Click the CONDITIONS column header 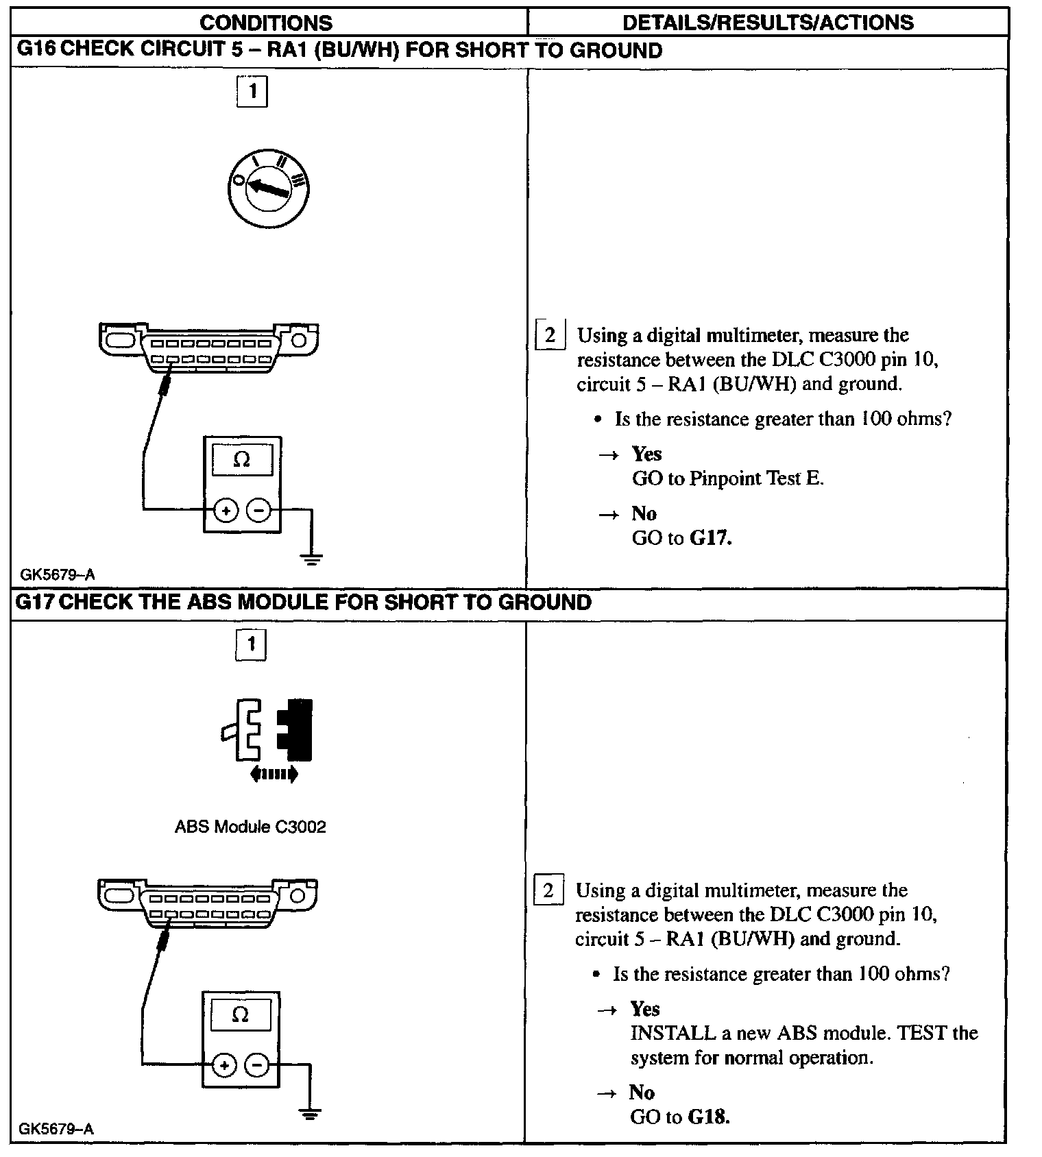(266, 23)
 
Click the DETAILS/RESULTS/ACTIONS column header (768, 23)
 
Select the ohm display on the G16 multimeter (242, 460)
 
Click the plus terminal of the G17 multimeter (224, 1064)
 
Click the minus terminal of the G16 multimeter (258, 510)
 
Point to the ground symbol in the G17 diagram (311, 1113)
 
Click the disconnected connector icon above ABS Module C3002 (267, 729)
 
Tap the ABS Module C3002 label (250, 827)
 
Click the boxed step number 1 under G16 (252, 92)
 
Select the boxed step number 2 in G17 (548, 890)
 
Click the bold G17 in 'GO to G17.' (710, 538)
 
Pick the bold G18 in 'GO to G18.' (708, 1117)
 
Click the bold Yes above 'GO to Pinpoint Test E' (646, 454)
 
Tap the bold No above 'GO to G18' (642, 1092)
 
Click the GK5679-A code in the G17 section (57, 1129)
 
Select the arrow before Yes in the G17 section (607, 1010)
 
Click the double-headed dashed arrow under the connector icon (274, 775)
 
